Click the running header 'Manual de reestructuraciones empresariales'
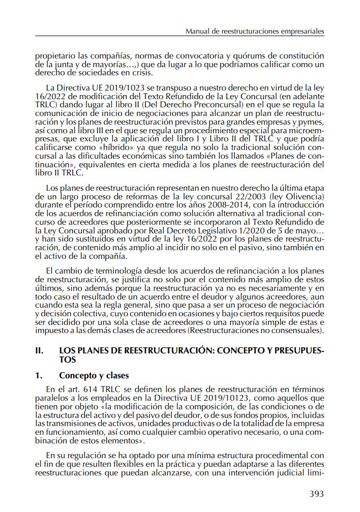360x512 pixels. (x=255, y=32)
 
